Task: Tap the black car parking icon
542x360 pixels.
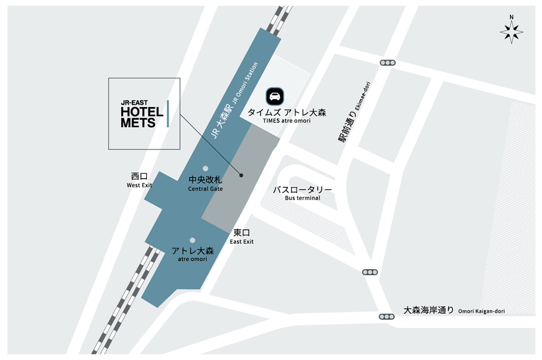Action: click(x=275, y=96)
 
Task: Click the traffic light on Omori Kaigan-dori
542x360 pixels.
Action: click(x=387, y=316)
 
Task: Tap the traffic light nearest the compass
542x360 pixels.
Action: click(x=387, y=63)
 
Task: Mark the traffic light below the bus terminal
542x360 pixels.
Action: click(x=370, y=272)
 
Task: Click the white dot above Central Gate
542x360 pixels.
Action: click(x=205, y=168)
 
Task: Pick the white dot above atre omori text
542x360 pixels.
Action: click(x=192, y=241)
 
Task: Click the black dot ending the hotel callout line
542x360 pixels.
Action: click(x=241, y=175)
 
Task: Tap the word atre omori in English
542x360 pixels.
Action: click(x=192, y=259)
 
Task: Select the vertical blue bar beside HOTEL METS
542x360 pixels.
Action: click(x=168, y=113)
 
